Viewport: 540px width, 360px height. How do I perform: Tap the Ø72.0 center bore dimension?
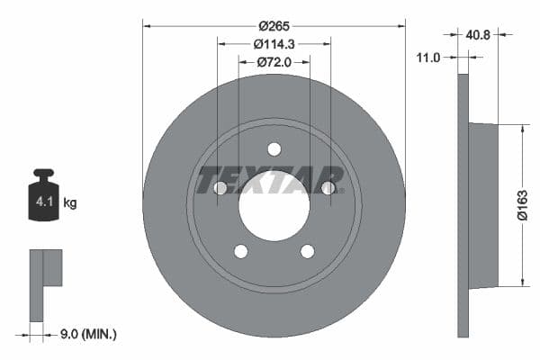point(274,62)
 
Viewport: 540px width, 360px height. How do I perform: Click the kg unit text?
point(70,203)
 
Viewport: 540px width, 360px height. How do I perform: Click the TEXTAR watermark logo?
point(271,180)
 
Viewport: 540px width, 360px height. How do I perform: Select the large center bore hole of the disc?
point(274,205)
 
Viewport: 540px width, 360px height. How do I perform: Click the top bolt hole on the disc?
point(274,149)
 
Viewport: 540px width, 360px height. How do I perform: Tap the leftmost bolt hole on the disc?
point(220,188)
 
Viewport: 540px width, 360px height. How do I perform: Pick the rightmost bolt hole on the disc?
point(328,188)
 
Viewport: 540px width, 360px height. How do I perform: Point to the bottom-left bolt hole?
point(240,252)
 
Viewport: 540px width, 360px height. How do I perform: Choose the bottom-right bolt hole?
point(308,252)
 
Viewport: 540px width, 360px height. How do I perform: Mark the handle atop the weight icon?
point(43,174)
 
